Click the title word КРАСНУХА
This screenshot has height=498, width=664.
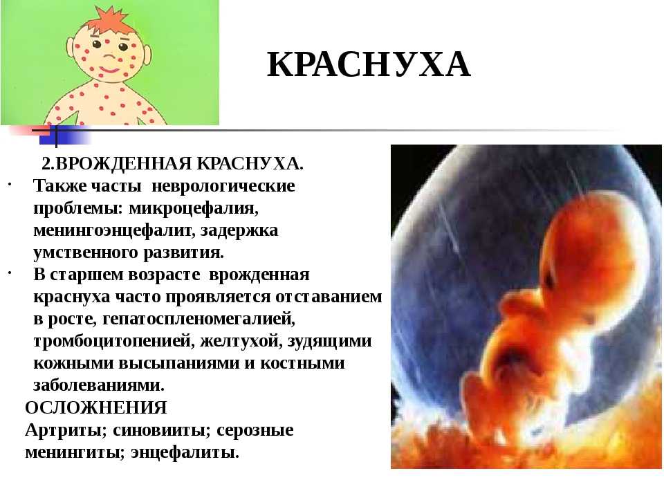369,65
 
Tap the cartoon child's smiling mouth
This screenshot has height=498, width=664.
110,68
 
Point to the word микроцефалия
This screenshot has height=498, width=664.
194,208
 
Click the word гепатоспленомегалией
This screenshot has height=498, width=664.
199,319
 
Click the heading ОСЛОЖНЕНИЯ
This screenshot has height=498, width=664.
95,407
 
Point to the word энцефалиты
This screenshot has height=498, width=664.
185,452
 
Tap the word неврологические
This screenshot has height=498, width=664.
223,186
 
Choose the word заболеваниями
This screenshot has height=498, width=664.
99,385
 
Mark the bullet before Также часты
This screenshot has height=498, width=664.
9,185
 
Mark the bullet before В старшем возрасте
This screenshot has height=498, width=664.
9,274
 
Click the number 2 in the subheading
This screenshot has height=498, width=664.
46,163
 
